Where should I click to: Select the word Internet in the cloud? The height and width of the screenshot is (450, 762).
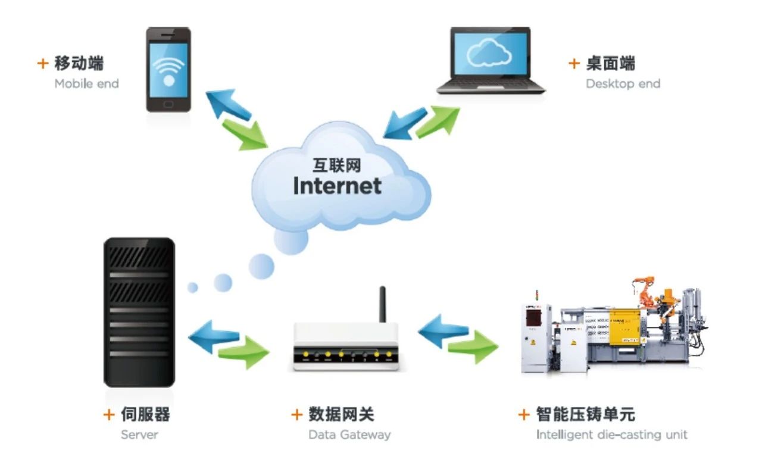pos(337,185)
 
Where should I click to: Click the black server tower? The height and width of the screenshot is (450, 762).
pos(139,312)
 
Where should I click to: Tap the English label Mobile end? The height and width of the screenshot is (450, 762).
pos(86,84)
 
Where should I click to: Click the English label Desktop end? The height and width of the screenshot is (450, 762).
pos(623,84)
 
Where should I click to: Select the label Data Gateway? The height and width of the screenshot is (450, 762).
pos(349,435)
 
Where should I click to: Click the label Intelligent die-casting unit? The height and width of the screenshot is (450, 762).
pos(611,435)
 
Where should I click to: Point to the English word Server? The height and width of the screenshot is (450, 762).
pos(139,435)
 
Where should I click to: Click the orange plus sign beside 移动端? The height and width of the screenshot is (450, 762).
pos(42,63)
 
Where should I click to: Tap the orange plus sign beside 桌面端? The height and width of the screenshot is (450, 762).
pos(574,63)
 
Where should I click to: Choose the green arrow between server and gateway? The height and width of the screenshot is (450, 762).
pos(243,351)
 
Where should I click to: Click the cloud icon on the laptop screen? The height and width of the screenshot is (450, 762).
pos(489,54)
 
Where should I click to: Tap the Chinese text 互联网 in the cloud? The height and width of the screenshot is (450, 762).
pos(337,164)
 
